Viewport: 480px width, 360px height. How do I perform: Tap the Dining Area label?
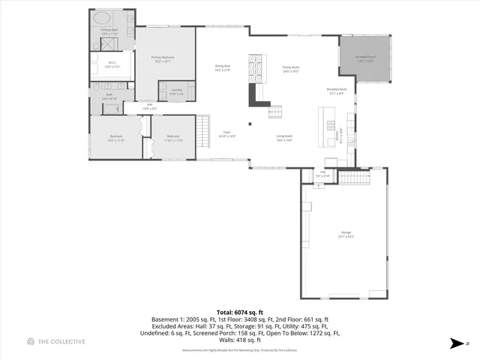tap(222, 67)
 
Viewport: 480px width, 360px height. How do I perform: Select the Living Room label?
tap(283, 136)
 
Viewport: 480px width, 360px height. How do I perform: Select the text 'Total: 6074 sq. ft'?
tap(239, 311)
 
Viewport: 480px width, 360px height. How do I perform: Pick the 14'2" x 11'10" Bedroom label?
tap(115, 139)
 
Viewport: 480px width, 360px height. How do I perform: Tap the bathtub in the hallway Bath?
tap(110, 108)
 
